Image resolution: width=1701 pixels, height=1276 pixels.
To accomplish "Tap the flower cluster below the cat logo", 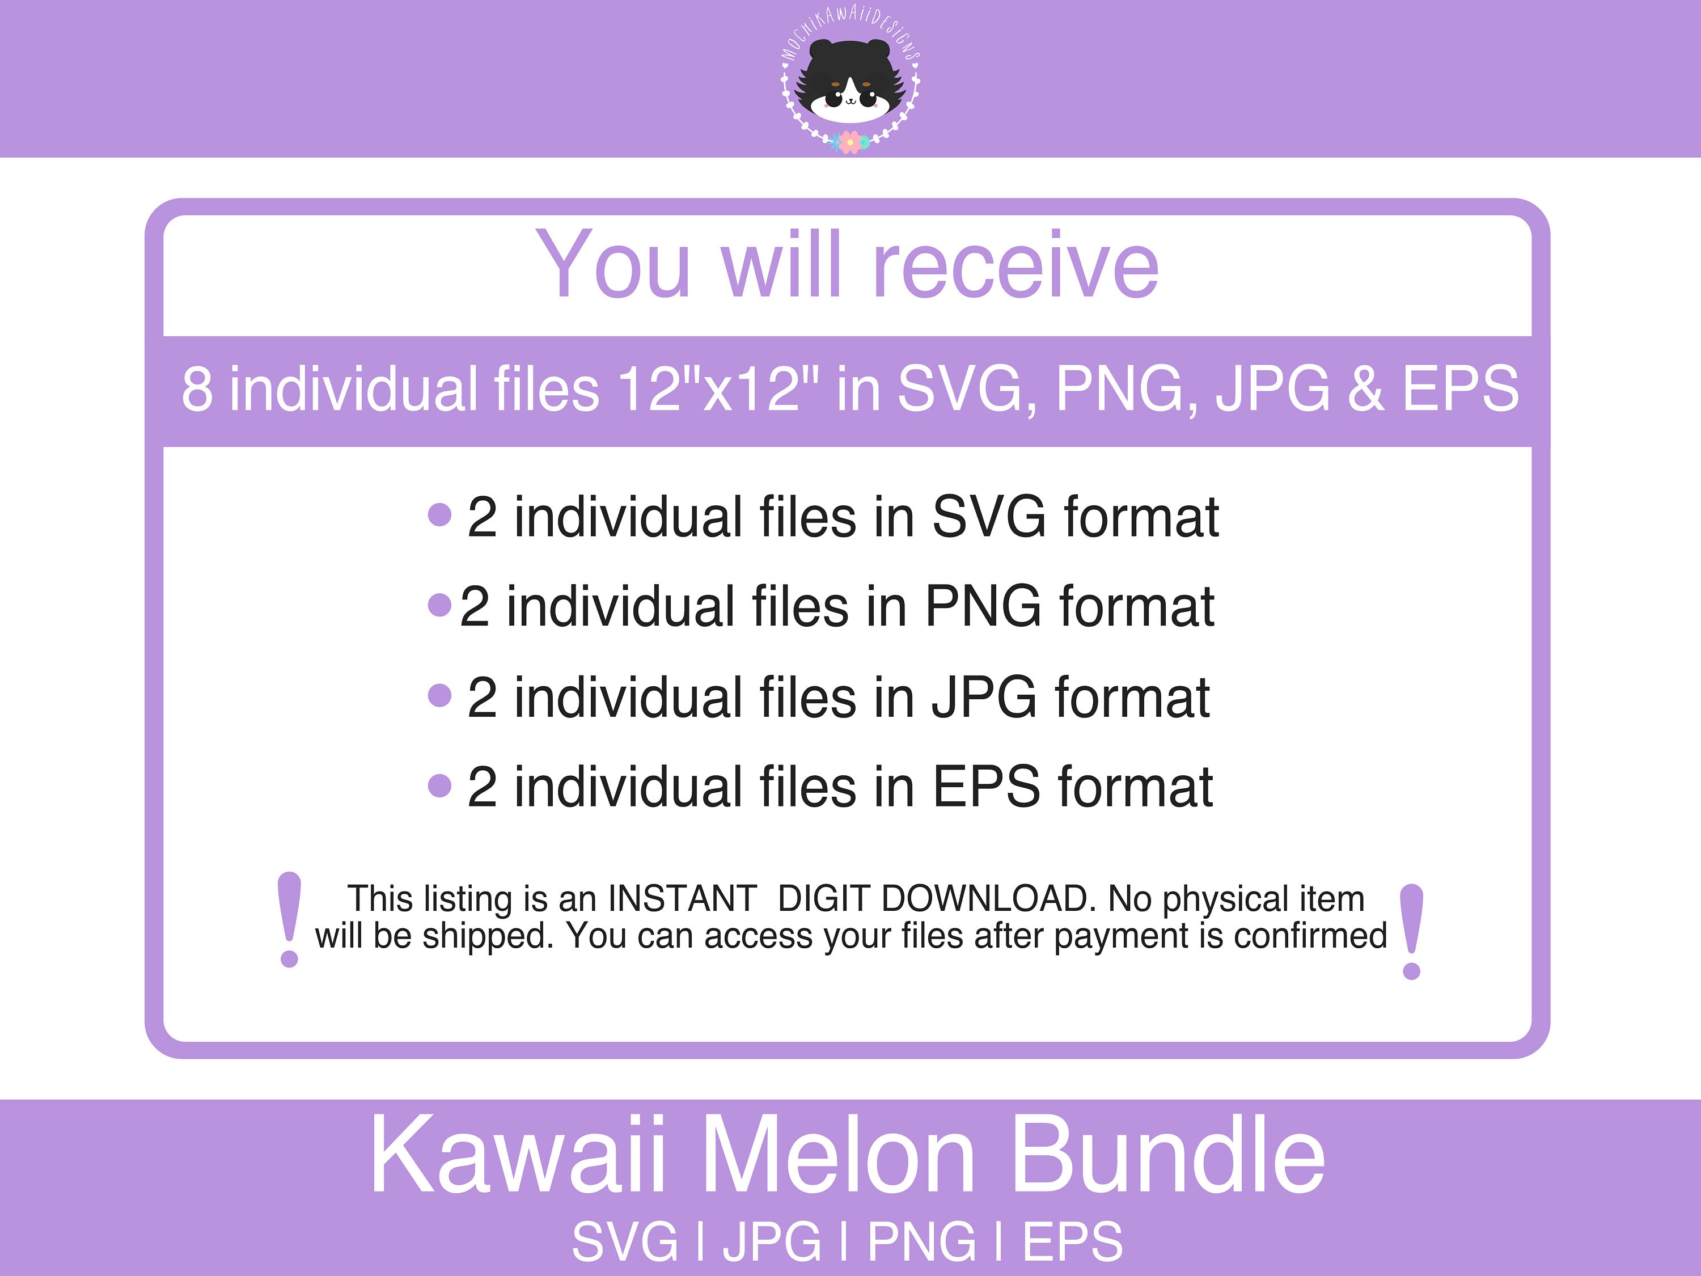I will pos(850,142).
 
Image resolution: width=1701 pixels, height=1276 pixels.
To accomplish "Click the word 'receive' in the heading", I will pos(1014,265).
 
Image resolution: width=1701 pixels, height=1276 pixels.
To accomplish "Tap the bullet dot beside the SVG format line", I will pos(439,514).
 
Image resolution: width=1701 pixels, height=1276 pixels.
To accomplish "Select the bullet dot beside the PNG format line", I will pos(439,605).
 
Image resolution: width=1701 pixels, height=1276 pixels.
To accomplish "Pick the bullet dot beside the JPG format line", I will pos(439,695).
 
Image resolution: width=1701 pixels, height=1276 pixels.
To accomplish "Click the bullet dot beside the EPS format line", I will pos(439,785).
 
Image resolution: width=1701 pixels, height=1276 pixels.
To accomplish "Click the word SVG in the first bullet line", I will pos(988,516).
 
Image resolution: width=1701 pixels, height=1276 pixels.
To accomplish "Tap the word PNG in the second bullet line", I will pos(982,606).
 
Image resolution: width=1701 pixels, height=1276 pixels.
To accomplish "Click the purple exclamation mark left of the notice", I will pos(289,919).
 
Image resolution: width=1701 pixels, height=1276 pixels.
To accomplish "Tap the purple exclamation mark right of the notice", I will pos(1412,931).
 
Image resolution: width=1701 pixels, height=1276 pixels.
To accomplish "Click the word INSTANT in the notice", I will pos(682,898).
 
